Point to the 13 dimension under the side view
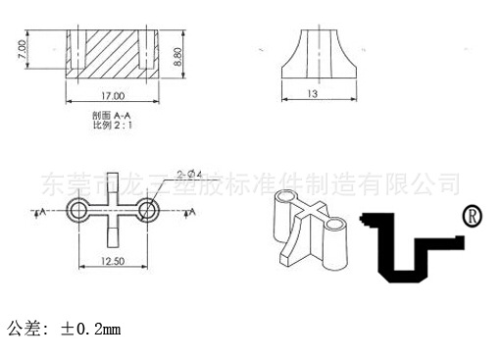point(313,94)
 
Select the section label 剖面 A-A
point(111,115)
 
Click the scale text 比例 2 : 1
point(111,126)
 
